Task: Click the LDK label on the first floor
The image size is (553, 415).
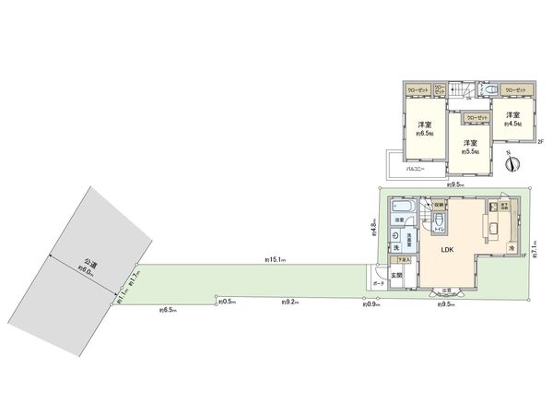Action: [446, 250]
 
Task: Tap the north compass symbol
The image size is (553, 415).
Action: [513, 163]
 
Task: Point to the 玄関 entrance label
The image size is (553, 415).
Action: [397, 276]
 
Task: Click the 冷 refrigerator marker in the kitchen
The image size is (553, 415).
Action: [510, 249]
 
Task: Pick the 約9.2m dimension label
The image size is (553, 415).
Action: [289, 301]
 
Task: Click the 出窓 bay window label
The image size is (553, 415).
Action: [447, 291]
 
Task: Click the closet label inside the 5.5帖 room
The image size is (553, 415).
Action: [476, 118]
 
